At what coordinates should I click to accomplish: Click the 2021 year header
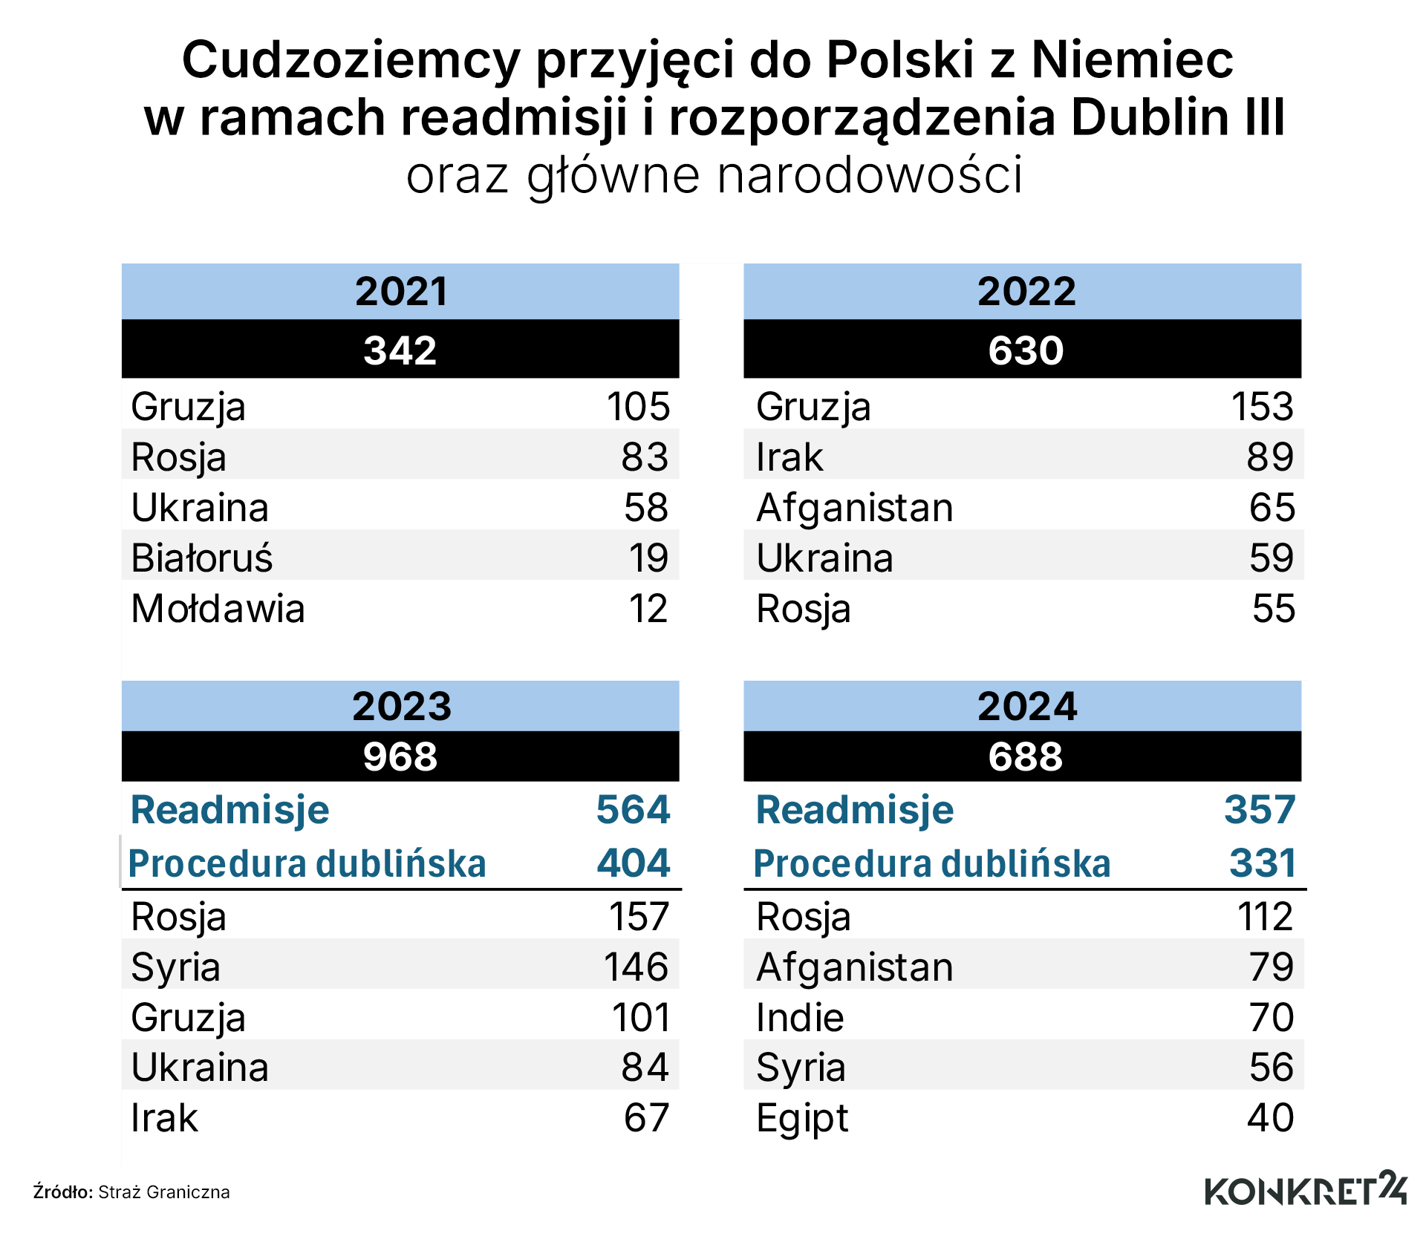[401, 291]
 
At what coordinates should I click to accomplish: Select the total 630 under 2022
[1025, 350]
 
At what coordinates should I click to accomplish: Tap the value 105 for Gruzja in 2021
[638, 406]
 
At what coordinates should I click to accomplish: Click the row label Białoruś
[202, 558]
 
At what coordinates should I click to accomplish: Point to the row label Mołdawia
[218, 608]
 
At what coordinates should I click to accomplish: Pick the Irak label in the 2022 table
[789, 457]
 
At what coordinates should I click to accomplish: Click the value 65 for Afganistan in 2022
[1272, 507]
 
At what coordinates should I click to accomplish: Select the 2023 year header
[401, 705]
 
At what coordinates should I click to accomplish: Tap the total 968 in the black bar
[400, 756]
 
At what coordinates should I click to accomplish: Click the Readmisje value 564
[633, 808]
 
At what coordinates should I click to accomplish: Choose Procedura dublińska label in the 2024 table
[931, 863]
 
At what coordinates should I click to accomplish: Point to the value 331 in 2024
[1262, 863]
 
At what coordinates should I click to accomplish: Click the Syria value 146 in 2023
[636, 967]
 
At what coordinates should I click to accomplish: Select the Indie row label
[800, 1017]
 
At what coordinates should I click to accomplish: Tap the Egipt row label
[801, 1119]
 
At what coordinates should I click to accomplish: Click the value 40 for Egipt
[1270, 1117]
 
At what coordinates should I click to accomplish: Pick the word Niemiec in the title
[1132, 59]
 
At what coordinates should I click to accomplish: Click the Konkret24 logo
[1305, 1189]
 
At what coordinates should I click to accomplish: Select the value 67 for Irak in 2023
[646, 1117]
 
